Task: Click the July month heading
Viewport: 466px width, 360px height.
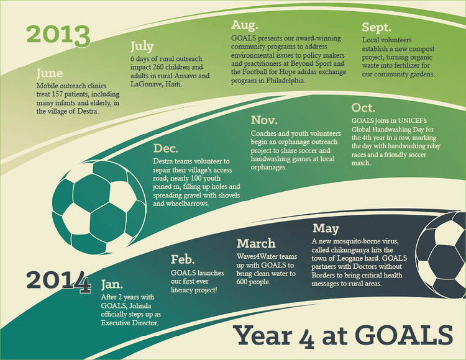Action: [x=142, y=47]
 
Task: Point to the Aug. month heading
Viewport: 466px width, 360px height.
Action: [x=244, y=25]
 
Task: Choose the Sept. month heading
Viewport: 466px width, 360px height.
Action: [x=377, y=27]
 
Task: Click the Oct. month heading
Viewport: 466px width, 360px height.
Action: [x=363, y=108]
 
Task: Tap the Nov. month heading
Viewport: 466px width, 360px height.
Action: [x=265, y=120]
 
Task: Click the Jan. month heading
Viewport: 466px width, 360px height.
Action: [x=113, y=285]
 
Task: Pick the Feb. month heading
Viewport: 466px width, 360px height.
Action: [x=183, y=259]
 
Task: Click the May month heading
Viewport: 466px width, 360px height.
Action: [x=326, y=228]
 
